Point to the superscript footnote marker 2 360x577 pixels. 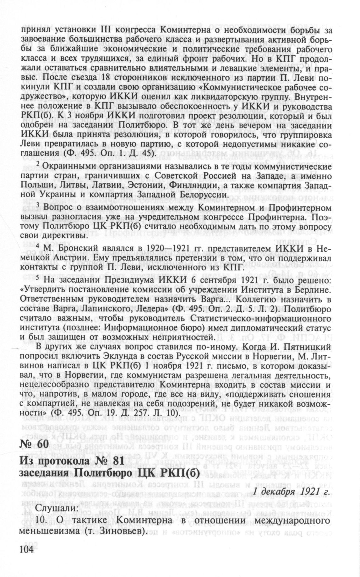pyautogui.click(x=38, y=164)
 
